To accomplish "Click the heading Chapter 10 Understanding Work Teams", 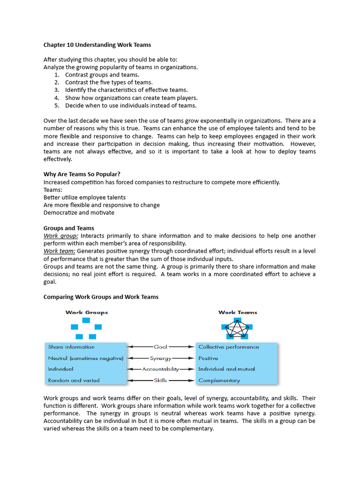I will tap(97, 45).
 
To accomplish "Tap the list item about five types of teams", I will tap(109, 82).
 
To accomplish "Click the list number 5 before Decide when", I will tap(56, 105).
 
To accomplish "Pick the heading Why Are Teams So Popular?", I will tap(82, 174).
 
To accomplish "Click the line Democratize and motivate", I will tap(79, 212).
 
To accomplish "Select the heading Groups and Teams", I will tap(68, 228).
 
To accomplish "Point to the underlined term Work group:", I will tap(61, 236).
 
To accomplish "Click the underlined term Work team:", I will tap(60, 251).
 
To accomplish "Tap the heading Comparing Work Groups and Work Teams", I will tap(101, 297).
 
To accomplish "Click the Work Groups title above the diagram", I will tap(86, 312).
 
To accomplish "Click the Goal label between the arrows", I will tap(161, 347).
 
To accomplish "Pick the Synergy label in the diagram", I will tap(161, 358).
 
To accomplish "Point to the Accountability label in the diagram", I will tap(161, 369).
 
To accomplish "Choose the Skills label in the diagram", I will tap(161, 381).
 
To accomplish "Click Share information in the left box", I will tap(71, 347).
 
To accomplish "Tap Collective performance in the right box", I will tap(228, 347).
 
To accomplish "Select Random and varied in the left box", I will tap(74, 381).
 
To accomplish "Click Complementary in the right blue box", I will tap(219, 381).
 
